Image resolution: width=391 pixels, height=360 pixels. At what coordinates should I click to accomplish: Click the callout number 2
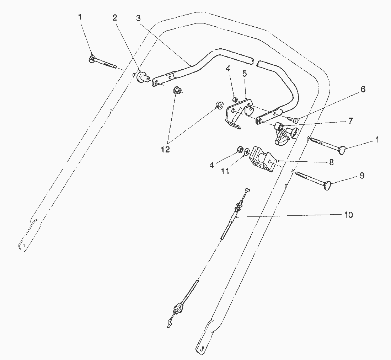pos(115,18)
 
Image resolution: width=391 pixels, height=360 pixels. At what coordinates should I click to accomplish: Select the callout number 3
pos(138,18)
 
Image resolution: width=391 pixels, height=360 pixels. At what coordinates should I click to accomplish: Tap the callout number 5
pos(245,74)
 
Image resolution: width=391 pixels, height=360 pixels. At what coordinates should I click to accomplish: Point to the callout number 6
pos(363,89)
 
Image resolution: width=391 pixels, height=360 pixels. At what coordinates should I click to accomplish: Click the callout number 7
pos(350,121)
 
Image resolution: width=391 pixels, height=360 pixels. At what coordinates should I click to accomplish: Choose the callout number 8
pos(331,162)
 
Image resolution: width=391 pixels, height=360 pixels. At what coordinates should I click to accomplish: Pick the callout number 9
pos(362,176)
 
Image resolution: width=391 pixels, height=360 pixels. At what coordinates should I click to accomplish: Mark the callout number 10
pos(348,215)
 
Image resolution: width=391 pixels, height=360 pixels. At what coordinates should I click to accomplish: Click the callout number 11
pos(225,171)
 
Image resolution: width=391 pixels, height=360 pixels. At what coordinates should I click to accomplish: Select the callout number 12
pos(165,149)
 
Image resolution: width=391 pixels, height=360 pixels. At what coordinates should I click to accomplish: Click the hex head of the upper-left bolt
pos(91,59)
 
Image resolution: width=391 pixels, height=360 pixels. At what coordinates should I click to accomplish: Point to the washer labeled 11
pos(247,152)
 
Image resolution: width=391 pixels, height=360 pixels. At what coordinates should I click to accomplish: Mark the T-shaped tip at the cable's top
pos(247,190)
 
